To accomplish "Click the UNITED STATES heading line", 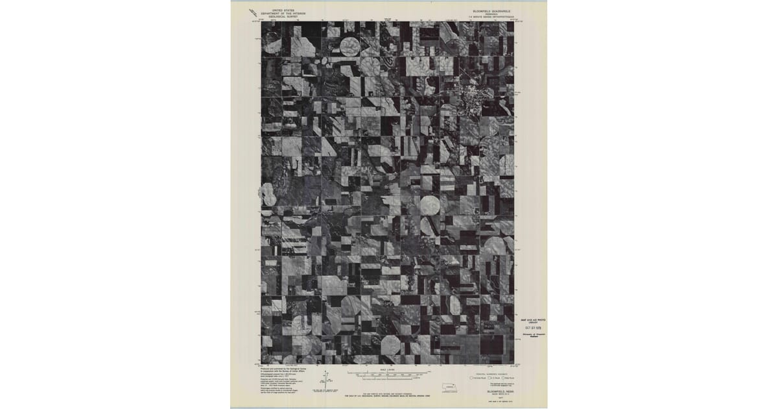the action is click(283, 10).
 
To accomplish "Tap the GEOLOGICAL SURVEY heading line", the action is click(283, 16).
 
